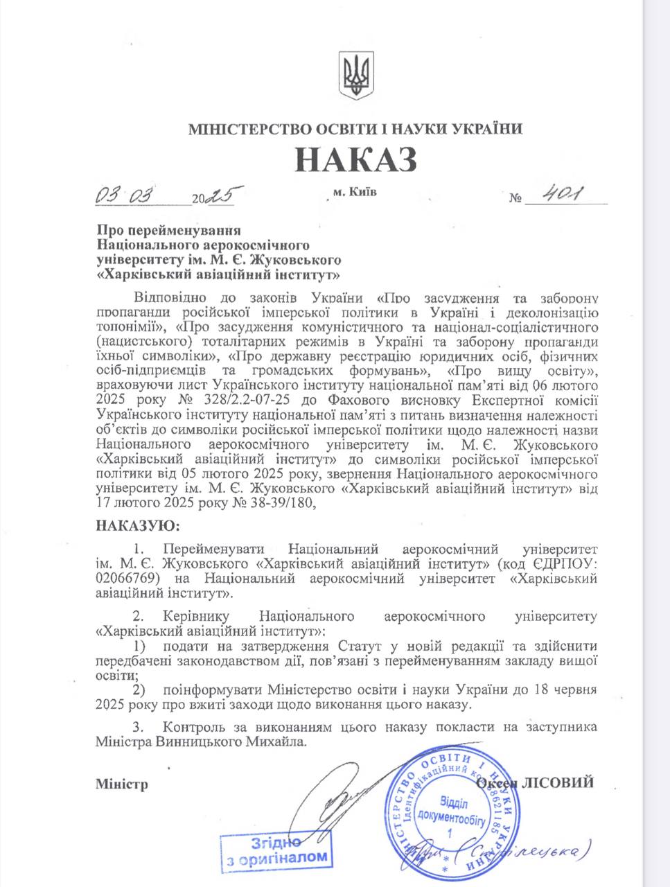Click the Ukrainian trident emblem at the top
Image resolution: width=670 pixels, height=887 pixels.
coord(357,76)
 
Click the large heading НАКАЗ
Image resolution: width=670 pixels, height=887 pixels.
coord(356,159)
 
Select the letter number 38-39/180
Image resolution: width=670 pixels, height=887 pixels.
coord(282,503)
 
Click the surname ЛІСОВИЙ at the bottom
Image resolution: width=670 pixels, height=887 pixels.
coord(561,782)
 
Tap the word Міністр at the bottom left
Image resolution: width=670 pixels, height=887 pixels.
coord(122,784)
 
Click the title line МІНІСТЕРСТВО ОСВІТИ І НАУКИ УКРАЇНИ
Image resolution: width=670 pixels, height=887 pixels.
coord(355,129)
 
